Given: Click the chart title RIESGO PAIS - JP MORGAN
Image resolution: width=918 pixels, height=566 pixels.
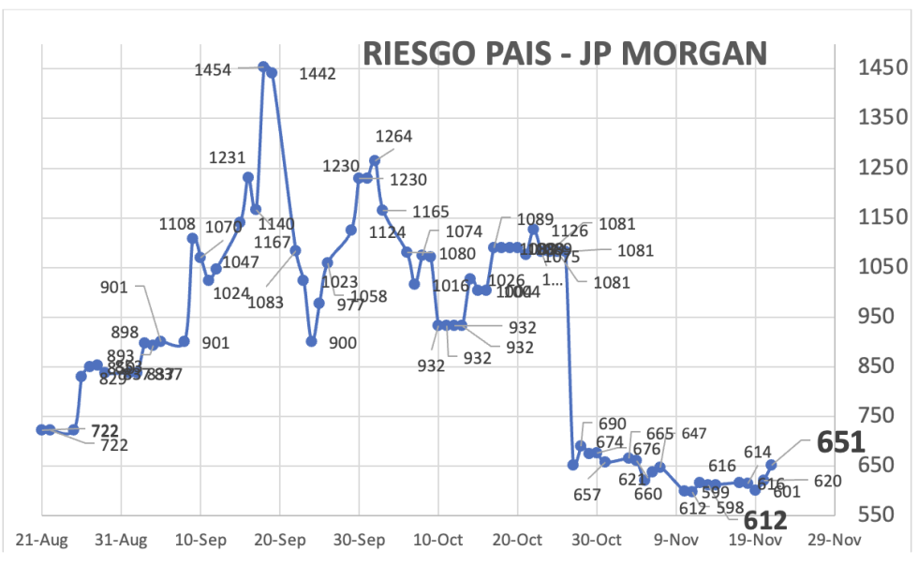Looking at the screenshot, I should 565,53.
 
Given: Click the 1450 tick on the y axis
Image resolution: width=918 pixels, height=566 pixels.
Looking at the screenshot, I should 881,67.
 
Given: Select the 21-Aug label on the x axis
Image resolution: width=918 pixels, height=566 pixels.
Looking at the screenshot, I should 42,541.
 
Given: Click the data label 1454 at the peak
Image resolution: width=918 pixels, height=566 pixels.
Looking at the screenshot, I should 213,69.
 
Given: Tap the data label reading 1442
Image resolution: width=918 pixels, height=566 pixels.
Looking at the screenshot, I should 317,74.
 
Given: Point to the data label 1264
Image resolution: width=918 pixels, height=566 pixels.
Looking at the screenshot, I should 393,137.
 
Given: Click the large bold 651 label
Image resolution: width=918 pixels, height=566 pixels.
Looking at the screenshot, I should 839,441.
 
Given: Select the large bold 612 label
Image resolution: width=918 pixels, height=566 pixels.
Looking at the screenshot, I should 765,521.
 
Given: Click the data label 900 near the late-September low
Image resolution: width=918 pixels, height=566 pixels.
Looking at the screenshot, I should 343,344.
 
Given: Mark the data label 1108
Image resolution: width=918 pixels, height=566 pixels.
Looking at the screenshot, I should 177,225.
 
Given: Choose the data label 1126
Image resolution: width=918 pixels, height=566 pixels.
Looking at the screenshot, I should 570,231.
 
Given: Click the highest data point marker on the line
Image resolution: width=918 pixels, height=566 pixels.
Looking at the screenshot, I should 264,67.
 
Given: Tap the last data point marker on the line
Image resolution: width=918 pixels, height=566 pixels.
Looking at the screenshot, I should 771,464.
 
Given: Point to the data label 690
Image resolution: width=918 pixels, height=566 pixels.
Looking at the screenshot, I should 611,424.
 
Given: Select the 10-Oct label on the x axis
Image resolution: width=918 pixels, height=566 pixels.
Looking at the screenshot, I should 437,541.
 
